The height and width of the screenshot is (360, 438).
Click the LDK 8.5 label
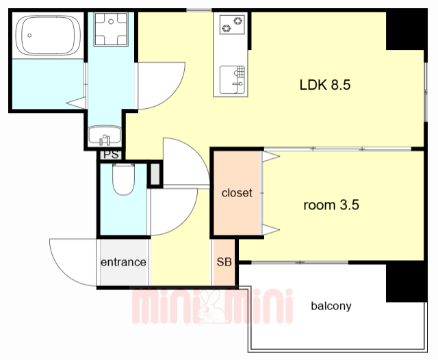tap(325, 85)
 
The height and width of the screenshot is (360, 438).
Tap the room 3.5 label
tap(331, 205)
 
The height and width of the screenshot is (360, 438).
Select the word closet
tap(237, 193)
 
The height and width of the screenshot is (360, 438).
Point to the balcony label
tap(331, 306)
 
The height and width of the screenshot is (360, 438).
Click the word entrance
tap(123, 262)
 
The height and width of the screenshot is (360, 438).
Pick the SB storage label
tap(224, 261)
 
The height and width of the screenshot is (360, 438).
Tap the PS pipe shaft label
tap(111, 155)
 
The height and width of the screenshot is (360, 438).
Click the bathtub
tap(48, 35)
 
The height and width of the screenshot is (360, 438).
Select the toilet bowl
tap(123, 179)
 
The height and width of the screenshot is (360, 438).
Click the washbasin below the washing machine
tap(105, 136)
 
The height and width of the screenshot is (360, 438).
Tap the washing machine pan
tap(111, 29)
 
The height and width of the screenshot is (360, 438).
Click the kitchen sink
tap(232, 79)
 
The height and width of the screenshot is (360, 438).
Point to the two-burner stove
tap(232, 25)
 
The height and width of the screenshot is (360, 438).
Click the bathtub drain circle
tap(29, 36)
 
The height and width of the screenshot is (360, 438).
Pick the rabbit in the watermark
tap(211, 307)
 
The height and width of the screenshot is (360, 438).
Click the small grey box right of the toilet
tap(155, 175)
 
